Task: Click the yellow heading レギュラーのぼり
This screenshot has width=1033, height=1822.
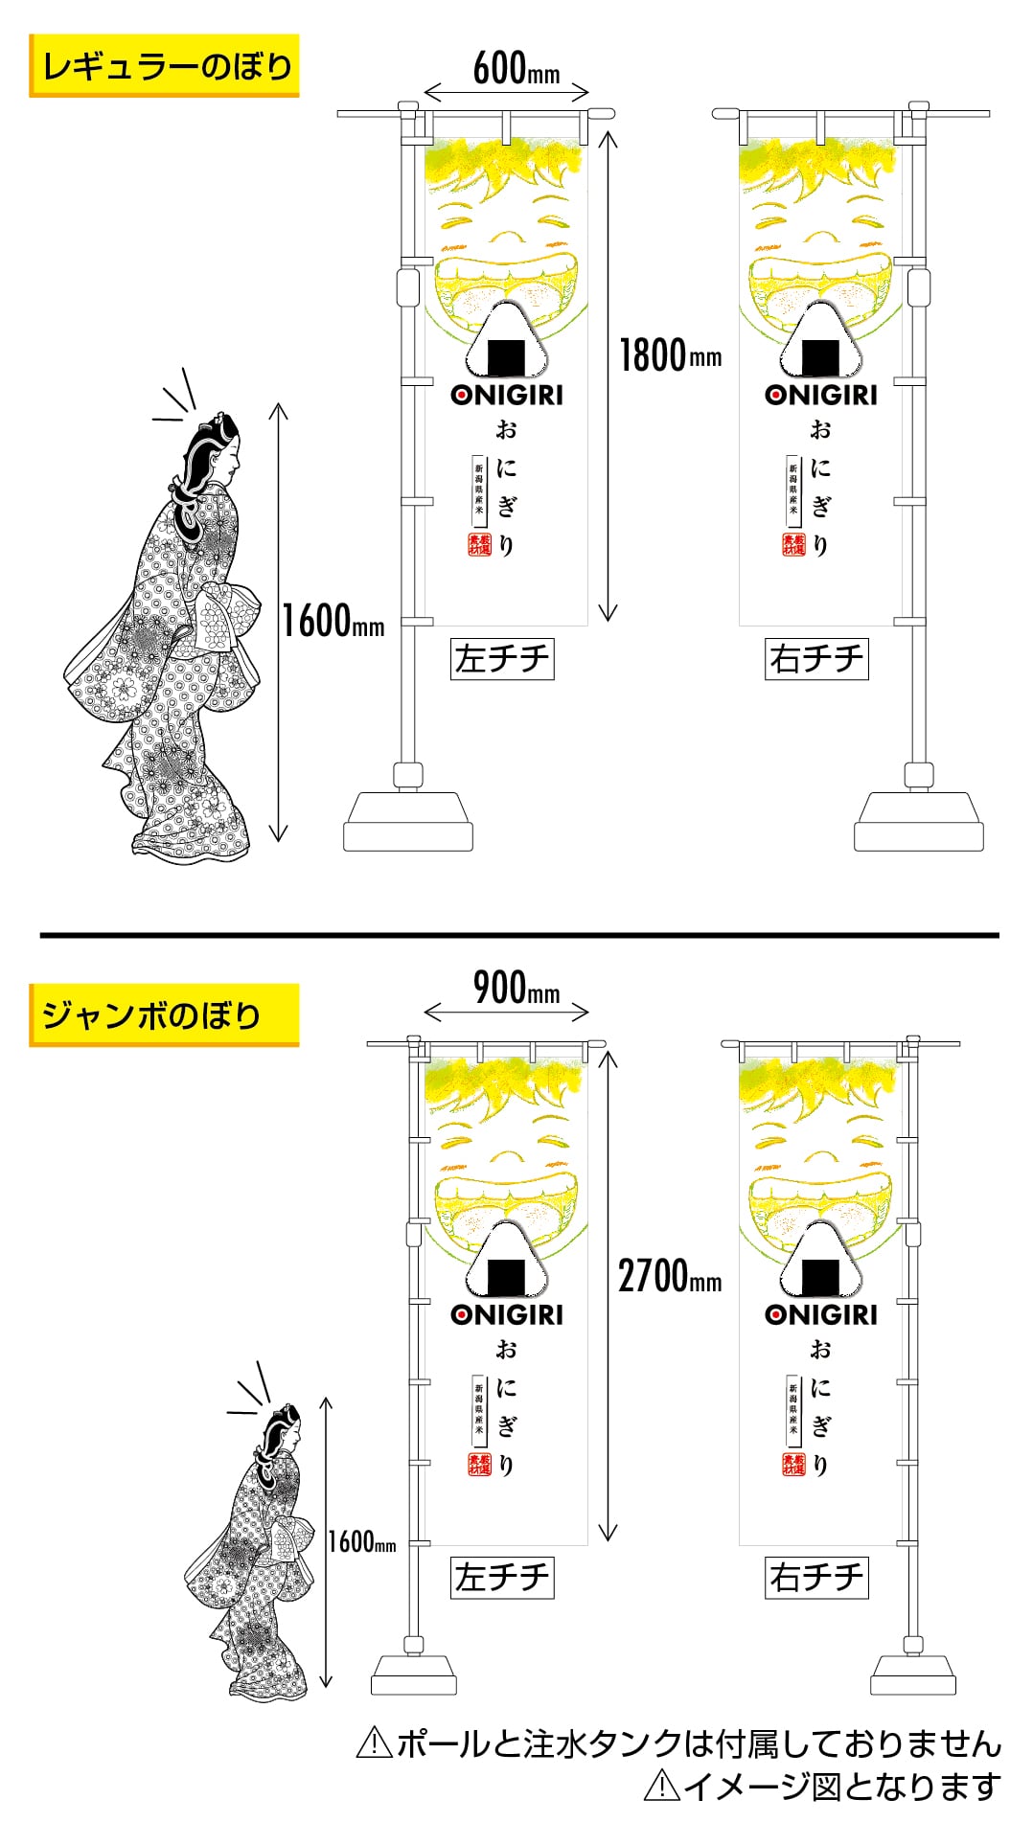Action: (164, 66)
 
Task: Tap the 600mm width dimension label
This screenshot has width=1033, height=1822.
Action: (516, 69)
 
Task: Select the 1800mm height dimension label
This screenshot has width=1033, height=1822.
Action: (670, 355)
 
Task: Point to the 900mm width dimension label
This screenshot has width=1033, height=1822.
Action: (516, 989)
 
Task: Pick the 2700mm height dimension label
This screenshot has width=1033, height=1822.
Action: (670, 1276)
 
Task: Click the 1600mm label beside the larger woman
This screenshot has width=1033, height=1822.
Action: (333, 621)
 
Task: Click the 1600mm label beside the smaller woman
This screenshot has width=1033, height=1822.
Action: (361, 1541)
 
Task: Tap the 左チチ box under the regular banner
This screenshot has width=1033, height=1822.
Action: (502, 659)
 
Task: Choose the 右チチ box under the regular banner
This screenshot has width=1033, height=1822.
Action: (816, 659)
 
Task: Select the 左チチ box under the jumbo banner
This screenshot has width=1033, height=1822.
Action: (502, 1578)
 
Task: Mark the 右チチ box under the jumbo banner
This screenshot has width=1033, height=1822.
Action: (816, 1578)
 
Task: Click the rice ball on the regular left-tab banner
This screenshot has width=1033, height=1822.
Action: (507, 343)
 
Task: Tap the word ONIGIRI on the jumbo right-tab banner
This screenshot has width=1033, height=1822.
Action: (821, 1314)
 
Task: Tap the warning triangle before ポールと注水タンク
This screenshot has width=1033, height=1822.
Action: (372, 1742)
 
